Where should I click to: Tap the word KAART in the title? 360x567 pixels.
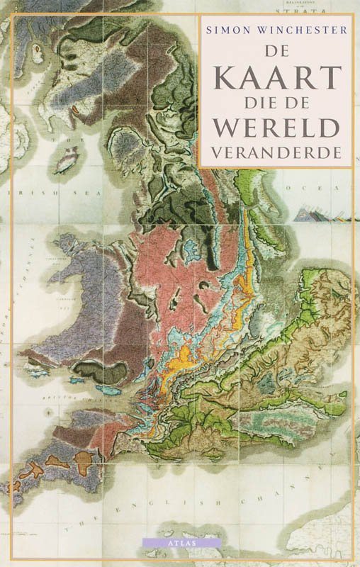point(276,74)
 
